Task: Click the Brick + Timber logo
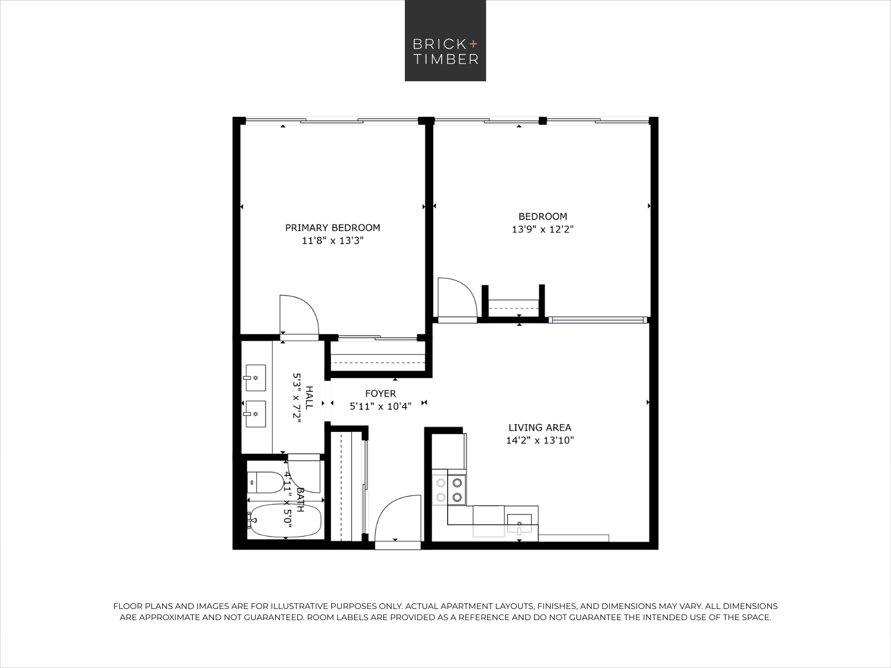(445, 41)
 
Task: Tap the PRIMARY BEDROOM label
(332, 228)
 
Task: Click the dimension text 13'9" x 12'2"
(542, 229)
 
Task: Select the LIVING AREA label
(540, 428)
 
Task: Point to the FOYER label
(380, 394)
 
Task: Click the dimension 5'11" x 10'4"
(380, 406)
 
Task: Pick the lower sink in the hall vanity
(255, 414)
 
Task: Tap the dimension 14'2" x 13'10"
(540, 440)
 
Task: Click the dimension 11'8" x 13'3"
(332, 241)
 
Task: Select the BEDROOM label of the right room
(542, 217)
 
